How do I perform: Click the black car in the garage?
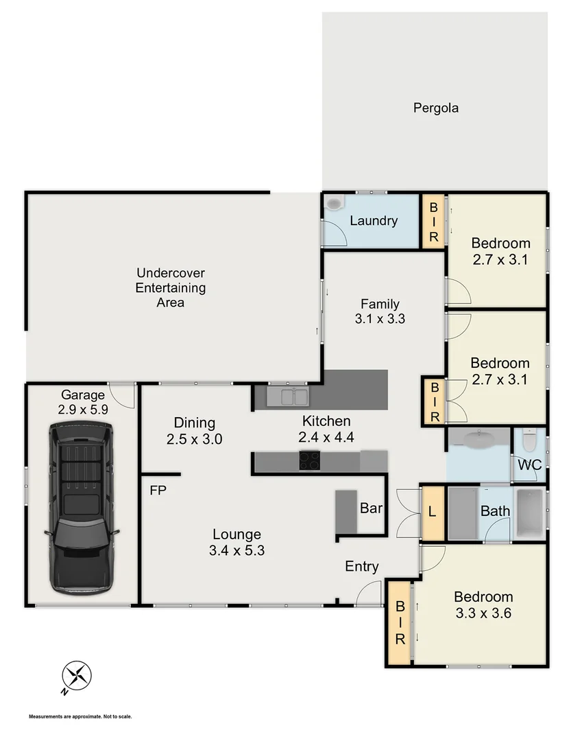point(81,508)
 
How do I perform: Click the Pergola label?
point(435,108)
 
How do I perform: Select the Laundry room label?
point(374,221)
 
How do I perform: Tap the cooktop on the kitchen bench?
point(309,461)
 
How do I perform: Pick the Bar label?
point(371,508)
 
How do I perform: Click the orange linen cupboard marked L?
point(432,513)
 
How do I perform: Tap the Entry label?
point(361,566)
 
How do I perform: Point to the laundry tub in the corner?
point(333,204)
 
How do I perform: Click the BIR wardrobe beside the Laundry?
point(433,221)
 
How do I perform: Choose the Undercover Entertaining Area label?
point(170,287)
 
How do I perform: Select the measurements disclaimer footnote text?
point(80,717)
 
